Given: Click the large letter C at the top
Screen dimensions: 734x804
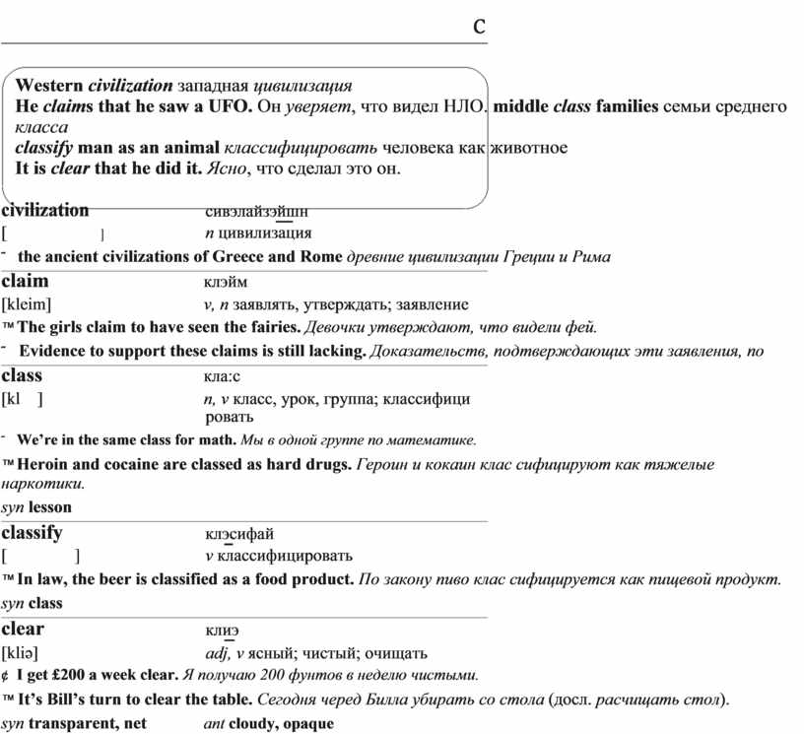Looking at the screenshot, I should click(479, 27).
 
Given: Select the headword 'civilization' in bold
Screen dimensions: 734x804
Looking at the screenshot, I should click(45, 209).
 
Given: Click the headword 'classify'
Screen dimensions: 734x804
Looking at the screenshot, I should click(33, 533).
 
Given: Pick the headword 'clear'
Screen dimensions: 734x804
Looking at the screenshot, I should click(24, 629).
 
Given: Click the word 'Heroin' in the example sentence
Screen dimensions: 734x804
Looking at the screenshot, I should click(43, 464).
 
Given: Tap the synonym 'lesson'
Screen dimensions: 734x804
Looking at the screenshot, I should click(50, 507).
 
